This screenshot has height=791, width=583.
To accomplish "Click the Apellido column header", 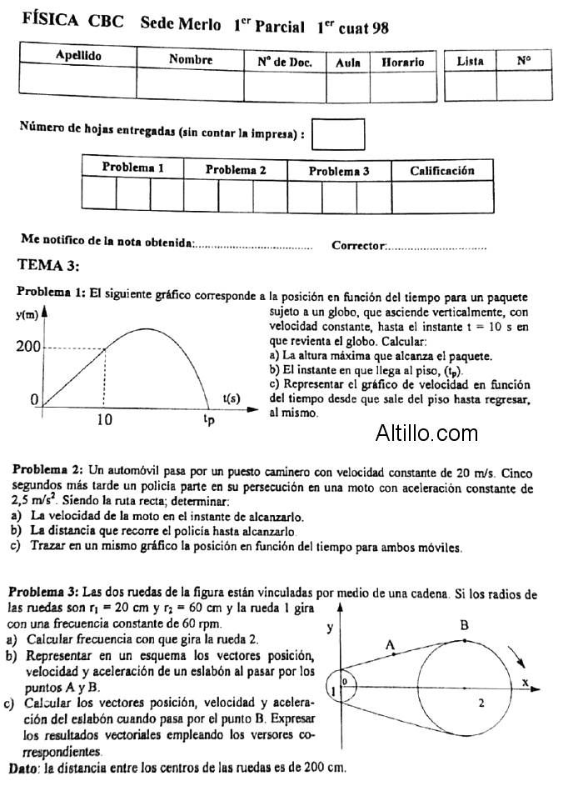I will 78,56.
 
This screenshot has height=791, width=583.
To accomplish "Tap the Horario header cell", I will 403,62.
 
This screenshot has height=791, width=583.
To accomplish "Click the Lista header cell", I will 471,61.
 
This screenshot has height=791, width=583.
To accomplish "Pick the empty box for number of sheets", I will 337,133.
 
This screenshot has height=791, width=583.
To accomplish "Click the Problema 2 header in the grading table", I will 236,169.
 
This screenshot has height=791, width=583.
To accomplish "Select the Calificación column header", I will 442,170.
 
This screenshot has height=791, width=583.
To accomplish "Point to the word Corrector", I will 358,245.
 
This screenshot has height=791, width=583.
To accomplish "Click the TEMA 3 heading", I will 48,266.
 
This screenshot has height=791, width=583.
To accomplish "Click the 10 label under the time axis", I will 103,420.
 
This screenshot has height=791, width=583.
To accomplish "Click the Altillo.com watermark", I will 426,433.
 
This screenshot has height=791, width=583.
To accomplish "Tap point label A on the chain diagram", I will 389,644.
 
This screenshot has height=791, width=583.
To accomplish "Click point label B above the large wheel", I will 464,625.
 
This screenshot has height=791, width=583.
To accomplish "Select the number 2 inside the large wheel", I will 481,703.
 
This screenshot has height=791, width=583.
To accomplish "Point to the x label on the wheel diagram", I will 526,682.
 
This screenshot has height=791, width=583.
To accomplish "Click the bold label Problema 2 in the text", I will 47,471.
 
